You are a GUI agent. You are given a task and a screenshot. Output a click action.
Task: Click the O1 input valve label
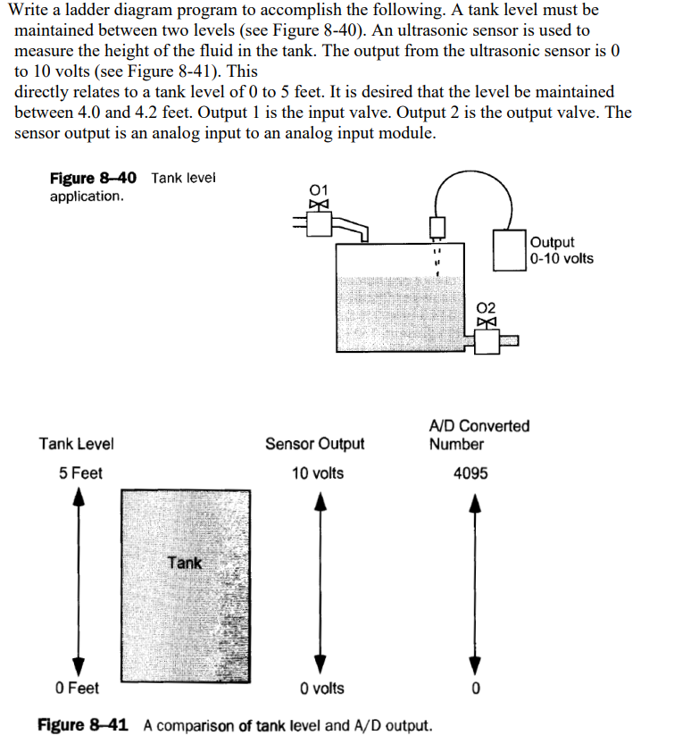pyautogui.click(x=318, y=189)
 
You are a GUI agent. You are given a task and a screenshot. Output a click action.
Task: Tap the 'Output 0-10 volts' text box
pyautogui.click(x=561, y=250)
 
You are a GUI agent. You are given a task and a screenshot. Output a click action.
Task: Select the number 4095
pyautogui.click(x=470, y=473)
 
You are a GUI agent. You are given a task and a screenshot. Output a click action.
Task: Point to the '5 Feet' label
pyautogui.click(x=81, y=473)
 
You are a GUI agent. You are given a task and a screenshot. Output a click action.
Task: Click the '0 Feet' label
pyautogui.click(x=77, y=688)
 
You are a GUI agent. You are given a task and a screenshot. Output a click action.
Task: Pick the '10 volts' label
pyautogui.click(x=317, y=473)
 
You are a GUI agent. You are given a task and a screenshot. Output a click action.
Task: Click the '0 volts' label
pyautogui.click(x=322, y=688)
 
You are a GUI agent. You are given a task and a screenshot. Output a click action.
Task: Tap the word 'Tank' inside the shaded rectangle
pyautogui.click(x=184, y=563)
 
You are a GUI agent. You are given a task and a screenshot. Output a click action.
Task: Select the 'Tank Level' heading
pyautogui.click(x=77, y=444)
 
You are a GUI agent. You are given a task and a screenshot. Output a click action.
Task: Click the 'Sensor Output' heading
pyautogui.click(x=315, y=444)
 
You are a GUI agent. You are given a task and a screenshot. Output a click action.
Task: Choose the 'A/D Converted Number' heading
pyautogui.click(x=478, y=435)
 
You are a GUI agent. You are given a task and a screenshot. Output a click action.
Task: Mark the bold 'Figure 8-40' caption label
pyautogui.click(x=93, y=179)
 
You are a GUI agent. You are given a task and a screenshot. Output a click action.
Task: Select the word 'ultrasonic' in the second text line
pyautogui.click(x=391, y=29)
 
